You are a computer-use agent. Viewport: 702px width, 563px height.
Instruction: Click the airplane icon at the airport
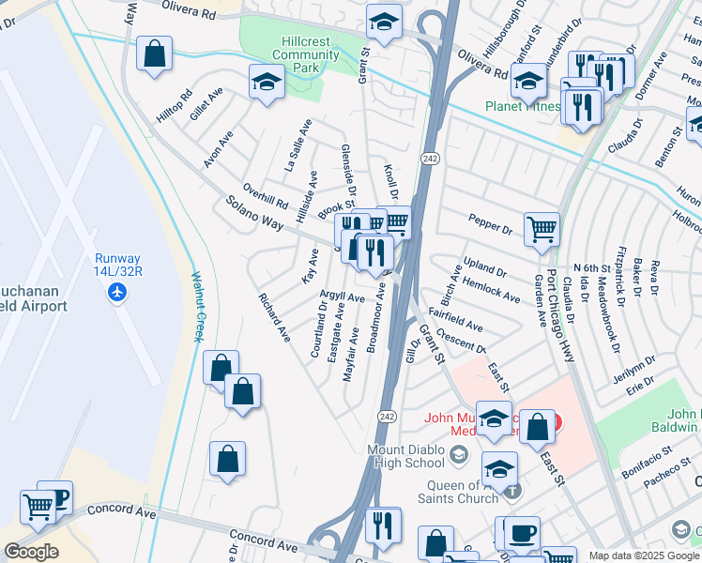pos(118,292)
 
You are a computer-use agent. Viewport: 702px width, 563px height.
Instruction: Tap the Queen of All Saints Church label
pos(459,492)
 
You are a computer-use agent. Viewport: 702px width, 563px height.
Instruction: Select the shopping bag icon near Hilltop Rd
pos(154,53)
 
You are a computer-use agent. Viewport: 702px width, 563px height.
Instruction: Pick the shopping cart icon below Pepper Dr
pos(542,228)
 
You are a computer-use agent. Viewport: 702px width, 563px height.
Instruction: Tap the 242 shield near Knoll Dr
pos(430,158)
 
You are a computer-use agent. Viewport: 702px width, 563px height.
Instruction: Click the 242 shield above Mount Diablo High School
pos(387,416)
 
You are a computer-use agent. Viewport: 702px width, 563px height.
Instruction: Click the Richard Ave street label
pos(275,316)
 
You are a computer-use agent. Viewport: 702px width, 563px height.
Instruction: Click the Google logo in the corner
pos(31,552)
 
